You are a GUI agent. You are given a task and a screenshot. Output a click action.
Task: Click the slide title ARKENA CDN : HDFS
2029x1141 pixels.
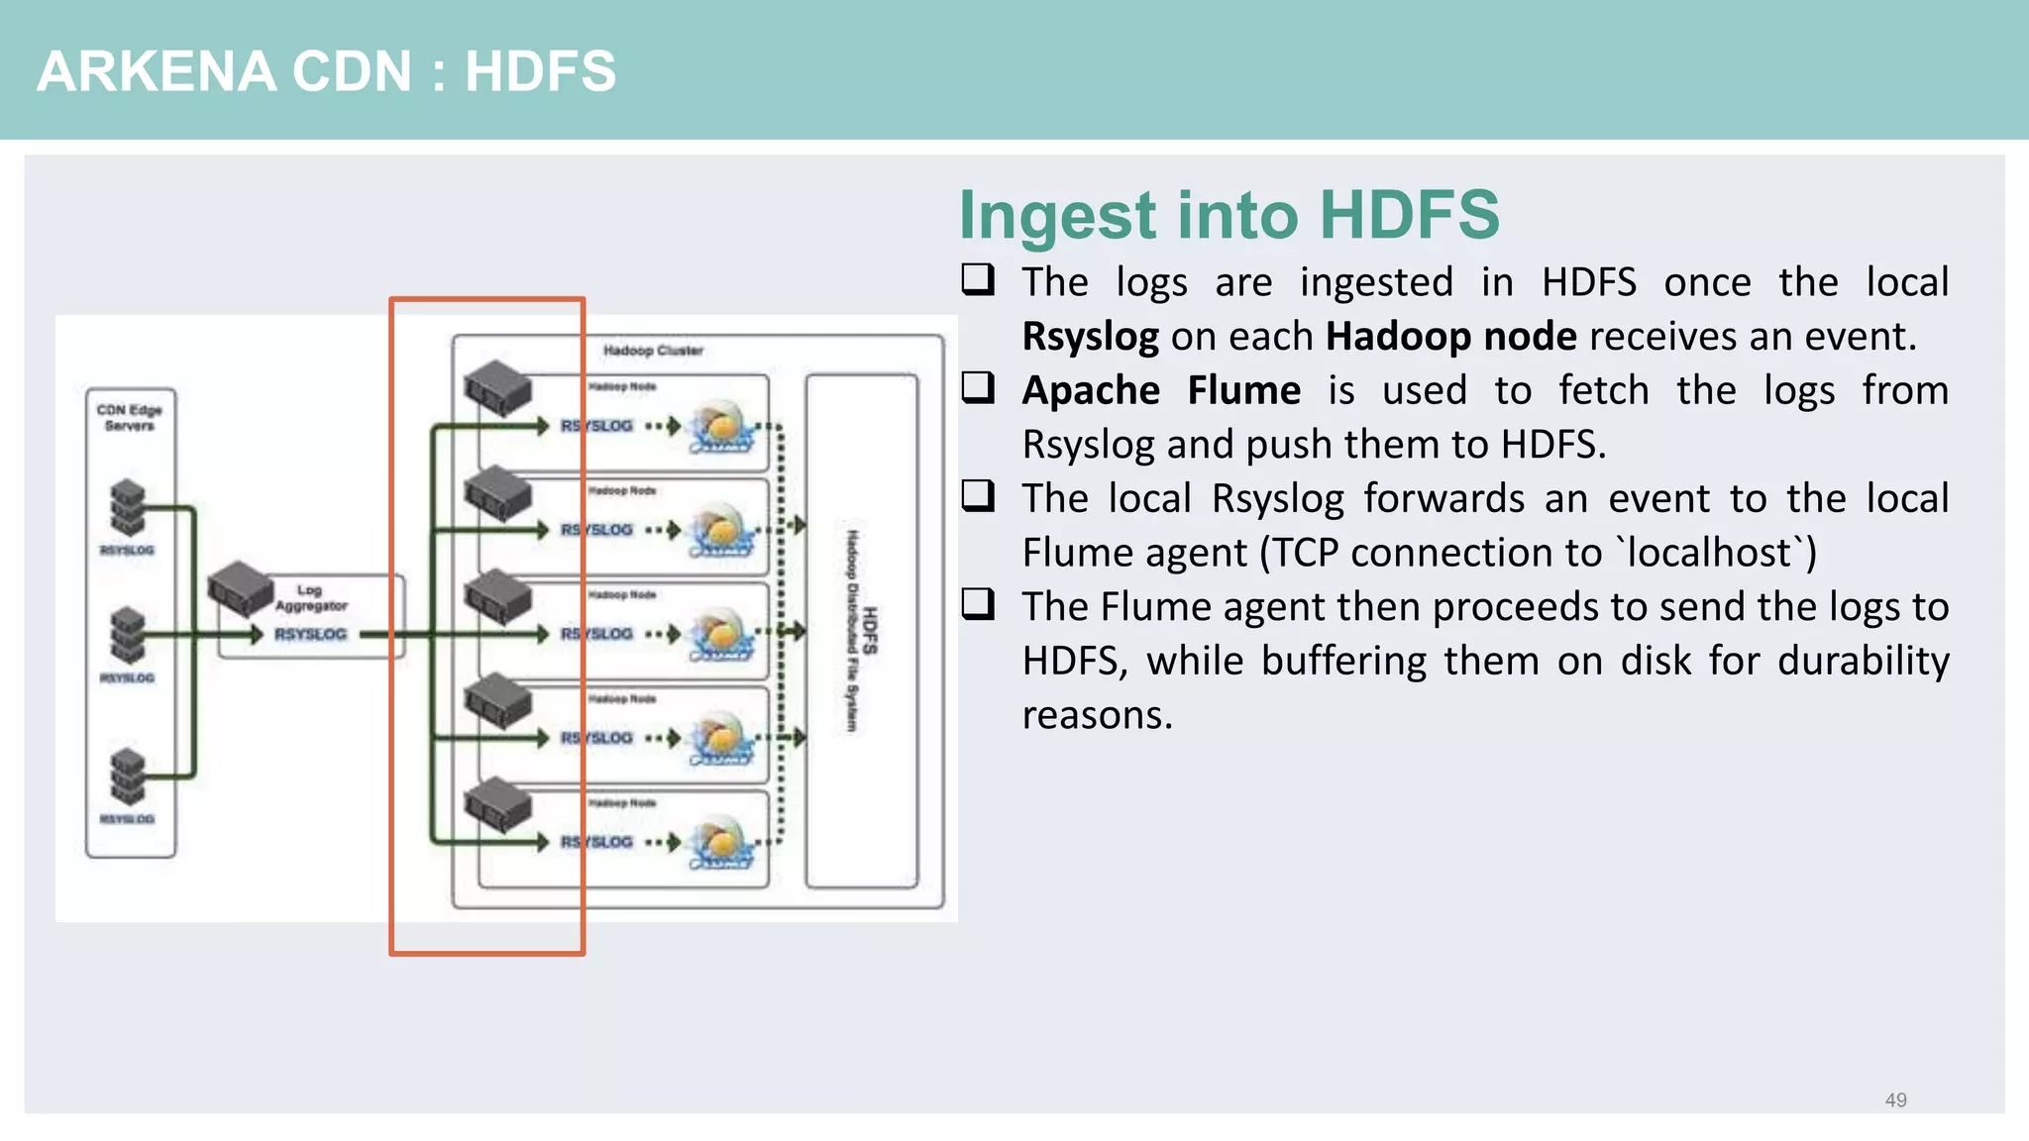(326, 71)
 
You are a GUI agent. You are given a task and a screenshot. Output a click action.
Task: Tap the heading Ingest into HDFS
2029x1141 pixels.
(1228, 215)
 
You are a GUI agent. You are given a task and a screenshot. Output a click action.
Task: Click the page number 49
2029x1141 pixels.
(1895, 1100)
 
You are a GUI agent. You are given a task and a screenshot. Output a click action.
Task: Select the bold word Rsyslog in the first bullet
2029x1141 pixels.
(1090, 337)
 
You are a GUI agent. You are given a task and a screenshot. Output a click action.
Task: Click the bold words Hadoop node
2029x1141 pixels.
(1450, 337)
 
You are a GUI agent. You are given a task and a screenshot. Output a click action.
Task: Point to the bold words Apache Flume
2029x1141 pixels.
(1161, 390)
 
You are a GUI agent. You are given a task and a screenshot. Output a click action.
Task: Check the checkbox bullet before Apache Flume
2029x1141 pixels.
(978, 387)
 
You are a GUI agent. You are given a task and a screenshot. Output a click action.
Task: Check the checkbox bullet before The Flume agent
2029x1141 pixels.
(978, 603)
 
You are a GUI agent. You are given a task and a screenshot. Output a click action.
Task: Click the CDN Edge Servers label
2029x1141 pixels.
(129, 417)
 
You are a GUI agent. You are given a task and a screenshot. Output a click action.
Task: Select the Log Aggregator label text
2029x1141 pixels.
(311, 597)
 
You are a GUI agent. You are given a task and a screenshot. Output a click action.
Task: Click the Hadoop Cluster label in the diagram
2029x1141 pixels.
(653, 351)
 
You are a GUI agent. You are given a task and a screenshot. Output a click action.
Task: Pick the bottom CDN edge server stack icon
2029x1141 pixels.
(128, 776)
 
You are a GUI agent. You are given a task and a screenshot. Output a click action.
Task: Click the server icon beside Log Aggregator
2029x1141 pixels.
(241, 587)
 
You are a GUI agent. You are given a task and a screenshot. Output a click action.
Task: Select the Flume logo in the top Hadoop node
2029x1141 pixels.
(722, 427)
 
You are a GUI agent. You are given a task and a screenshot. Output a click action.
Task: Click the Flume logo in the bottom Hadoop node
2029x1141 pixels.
(722, 843)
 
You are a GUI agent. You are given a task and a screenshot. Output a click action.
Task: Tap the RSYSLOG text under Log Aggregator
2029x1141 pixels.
(310, 634)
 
